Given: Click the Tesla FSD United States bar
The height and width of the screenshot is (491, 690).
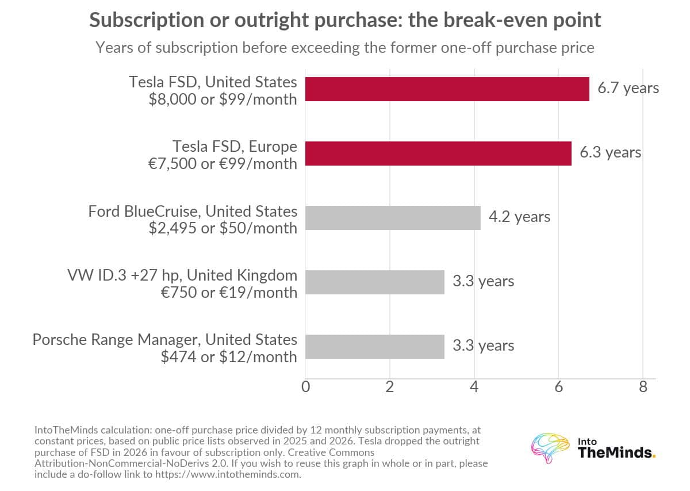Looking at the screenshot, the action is pyautogui.click(x=447, y=89).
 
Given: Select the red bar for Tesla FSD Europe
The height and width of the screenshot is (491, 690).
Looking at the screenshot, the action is pyautogui.click(x=438, y=154).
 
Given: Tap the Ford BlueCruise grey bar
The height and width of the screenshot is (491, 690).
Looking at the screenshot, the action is pyautogui.click(x=393, y=218).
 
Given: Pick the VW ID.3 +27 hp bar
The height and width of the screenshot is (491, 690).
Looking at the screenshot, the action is pyautogui.click(x=375, y=282).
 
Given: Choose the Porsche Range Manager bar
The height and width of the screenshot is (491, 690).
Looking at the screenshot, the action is pyautogui.click(x=375, y=347).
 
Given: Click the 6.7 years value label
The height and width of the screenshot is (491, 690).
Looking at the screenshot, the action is pyautogui.click(x=628, y=88).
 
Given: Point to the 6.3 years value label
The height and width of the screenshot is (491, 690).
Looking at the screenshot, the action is pyautogui.click(x=610, y=152).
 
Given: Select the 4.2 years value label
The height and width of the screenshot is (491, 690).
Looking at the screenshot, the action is pyautogui.click(x=519, y=217).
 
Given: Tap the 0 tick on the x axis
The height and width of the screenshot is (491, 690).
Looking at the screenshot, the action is pyautogui.click(x=305, y=387).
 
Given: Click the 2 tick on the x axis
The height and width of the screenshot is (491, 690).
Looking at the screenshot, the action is pyautogui.click(x=390, y=387).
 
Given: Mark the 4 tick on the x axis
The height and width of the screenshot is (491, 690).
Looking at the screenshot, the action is pyautogui.click(x=474, y=387).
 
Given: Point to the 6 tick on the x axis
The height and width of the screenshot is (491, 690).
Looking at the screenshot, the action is pyautogui.click(x=558, y=387).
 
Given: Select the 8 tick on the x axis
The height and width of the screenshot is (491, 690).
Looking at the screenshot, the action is pyautogui.click(x=643, y=387).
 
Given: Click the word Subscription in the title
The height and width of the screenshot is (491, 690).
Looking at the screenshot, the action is pyautogui.click(x=147, y=20).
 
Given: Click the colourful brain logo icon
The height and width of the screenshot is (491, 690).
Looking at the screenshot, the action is pyautogui.click(x=550, y=448).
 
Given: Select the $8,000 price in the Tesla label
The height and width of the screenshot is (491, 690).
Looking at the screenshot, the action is pyautogui.click(x=172, y=99).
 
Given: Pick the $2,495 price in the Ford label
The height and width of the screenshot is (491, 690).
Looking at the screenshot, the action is pyautogui.click(x=172, y=228).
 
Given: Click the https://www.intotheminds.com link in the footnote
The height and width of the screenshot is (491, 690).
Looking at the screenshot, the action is pyautogui.click(x=228, y=474).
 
